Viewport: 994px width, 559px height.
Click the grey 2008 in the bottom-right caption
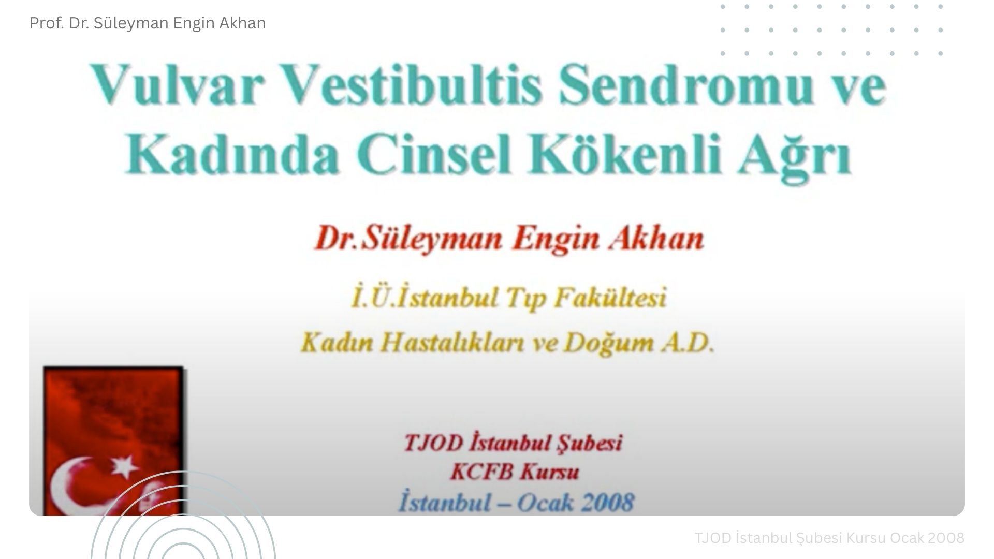coord(946,538)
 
